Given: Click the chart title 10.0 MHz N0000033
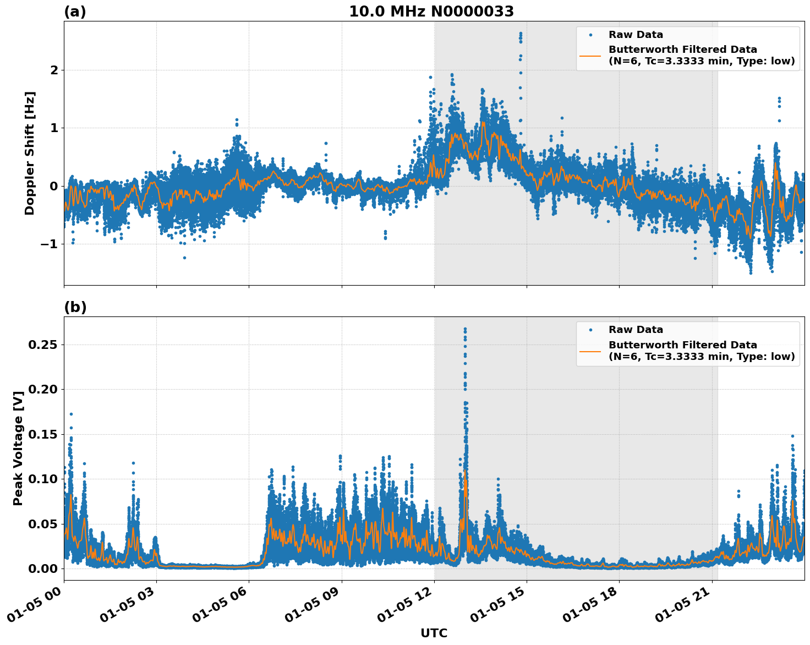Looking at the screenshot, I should [x=431, y=12].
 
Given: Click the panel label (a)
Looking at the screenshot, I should [x=75, y=12].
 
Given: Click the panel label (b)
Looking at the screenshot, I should [x=75, y=307].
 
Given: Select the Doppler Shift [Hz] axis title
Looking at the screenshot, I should [x=30, y=153].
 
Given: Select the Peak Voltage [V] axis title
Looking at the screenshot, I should [x=18, y=449].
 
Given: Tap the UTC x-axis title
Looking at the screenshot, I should [x=434, y=633].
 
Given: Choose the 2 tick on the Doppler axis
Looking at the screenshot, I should [x=54, y=70].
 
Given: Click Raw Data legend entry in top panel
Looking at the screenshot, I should [x=636, y=35].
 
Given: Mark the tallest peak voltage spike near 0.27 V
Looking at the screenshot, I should [x=465, y=330].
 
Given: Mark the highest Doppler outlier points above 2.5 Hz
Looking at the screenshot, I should [x=521, y=35].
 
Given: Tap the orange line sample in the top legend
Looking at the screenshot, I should [x=590, y=56].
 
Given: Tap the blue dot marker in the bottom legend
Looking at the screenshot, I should [x=590, y=330].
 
